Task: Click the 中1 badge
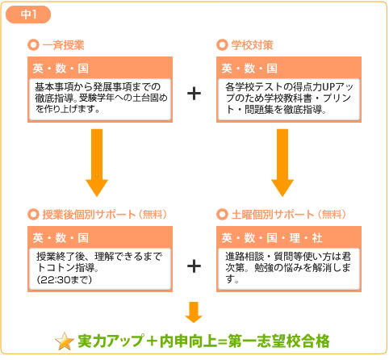click(28, 15)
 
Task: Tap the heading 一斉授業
click(64, 45)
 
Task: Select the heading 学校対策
click(253, 45)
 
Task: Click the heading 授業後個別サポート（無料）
click(105, 215)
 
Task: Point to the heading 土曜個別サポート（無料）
click(289, 215)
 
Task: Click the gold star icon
click(65, 341)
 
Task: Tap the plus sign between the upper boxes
click(194, 94)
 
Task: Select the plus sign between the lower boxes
click(194, 266)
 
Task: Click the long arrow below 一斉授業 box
click(97, 162)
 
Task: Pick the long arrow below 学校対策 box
click(282, 162)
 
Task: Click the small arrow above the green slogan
click(194, 312)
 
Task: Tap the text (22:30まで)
click(65, 280)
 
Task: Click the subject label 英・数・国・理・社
click(272, 238)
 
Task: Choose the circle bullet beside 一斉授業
click(33, 45)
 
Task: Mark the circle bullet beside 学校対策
click(222, 45)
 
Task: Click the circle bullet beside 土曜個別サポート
click(222, 215)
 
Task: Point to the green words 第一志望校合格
click(279, 341)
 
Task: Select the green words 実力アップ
click(111, 341)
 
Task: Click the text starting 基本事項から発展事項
click(101, 98)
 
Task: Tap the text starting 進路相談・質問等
click(288, 268)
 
